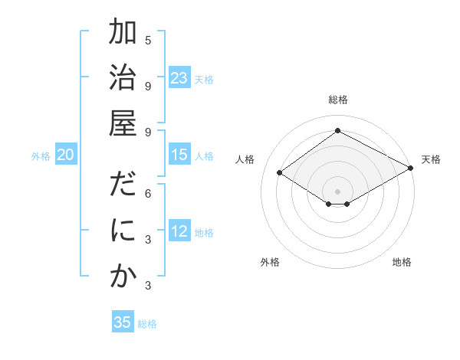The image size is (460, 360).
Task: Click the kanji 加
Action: tap(123, 34)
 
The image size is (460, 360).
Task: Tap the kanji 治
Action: tap(123, 79)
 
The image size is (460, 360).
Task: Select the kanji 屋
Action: tap(123, 122)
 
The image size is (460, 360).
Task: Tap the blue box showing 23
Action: tap(179, 77)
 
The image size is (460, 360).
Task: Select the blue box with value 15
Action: tap(179, 155)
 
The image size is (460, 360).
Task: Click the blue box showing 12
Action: tap(179, 232)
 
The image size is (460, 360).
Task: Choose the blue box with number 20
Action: tap(66, 155)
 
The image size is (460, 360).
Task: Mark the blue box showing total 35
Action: tap(123, 322)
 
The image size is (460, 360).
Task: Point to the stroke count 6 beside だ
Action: tap(148, 194)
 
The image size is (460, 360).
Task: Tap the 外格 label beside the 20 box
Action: tap(41, 156)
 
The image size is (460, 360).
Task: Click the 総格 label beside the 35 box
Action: tap(147, 324)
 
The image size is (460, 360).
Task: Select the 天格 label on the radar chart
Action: tap(431, 159)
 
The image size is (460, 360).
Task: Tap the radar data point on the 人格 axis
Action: tap(280, 173)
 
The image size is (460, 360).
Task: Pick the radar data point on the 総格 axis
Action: tap(337, 131)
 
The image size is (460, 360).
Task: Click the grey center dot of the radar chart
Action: tap(337, 191)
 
